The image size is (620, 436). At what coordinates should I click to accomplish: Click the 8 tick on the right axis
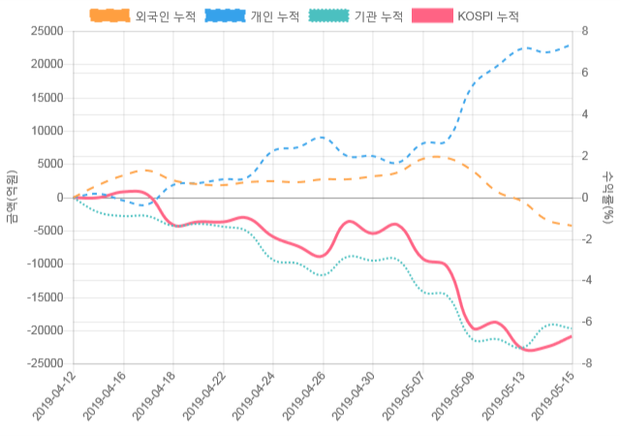[x=585, y=31]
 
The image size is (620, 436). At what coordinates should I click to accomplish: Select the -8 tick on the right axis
[x=583, y=363]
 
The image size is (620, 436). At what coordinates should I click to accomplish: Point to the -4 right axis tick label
[x=583, y=281]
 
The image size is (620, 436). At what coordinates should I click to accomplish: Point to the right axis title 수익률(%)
[x=607, y=197]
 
